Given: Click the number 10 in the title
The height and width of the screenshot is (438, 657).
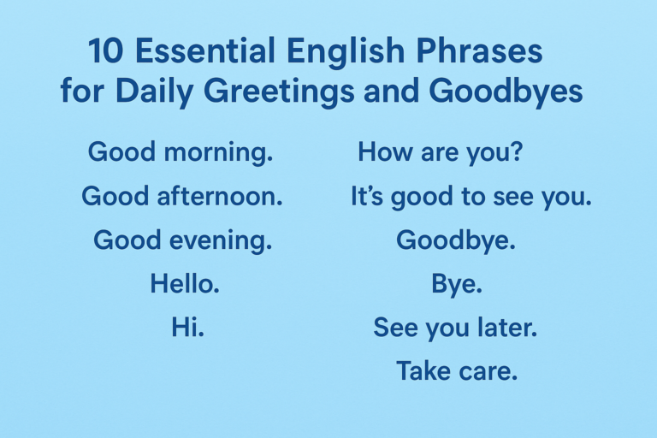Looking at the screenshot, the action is point(105,51).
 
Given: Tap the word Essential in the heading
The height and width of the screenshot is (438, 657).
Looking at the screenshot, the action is point(205,50).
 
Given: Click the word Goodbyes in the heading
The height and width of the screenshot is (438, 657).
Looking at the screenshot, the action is point(506,92).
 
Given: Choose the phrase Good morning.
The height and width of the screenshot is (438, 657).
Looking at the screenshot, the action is point(181,152).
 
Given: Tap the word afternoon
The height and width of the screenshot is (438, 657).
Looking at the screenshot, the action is point(220,196).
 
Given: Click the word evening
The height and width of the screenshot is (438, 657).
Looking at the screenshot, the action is point(221,241).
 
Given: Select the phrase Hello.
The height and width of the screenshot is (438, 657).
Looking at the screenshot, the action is point(185,283).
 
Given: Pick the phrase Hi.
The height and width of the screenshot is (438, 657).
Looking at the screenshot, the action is point(187,327).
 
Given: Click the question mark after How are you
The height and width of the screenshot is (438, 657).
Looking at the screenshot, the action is point(517,151).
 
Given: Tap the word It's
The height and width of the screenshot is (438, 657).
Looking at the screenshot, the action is point(367,196).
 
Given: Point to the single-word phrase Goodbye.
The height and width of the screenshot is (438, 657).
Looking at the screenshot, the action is point(456,240).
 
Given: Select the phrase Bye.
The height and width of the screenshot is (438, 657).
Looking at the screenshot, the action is point(457,285).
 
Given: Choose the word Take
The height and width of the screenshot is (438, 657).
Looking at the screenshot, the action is point(423,370).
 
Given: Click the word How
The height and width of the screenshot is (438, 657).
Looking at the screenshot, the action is point(385,151).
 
